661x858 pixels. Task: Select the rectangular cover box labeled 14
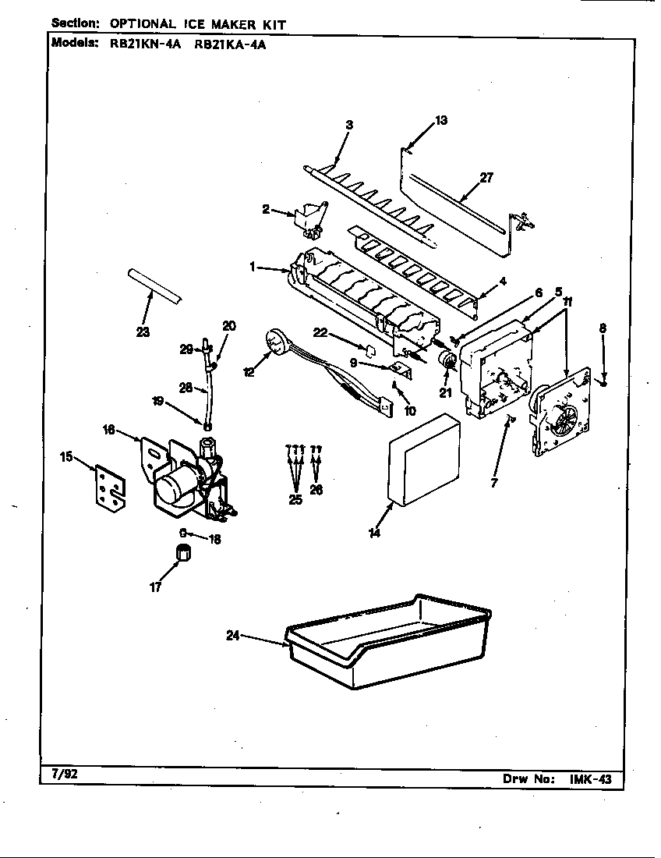point(425,462)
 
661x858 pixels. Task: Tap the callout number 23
point(143,331)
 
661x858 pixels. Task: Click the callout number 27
point(486,177)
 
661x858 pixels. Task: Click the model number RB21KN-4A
point(145,44)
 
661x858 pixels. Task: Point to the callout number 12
point(249,373)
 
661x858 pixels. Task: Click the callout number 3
point(349,125)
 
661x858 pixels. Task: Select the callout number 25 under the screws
point(295,500)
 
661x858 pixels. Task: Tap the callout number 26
point(316,490)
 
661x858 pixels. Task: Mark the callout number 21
point(445,392)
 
